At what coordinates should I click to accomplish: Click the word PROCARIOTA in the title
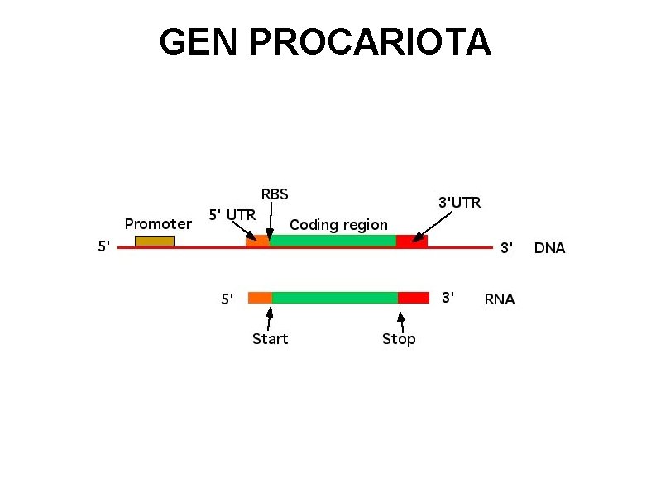[x=370, y=42]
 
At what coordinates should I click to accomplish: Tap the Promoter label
[x=158, y=223]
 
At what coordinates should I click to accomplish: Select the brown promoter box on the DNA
[x=155, y=241]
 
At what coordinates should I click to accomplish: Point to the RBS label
[x=275, y=194]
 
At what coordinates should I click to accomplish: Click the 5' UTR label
[x=232, y=214]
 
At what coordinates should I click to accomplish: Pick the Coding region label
[x=338, y=224]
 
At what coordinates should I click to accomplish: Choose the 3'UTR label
[x=459, y=202]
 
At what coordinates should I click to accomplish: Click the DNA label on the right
[x=549, y=247]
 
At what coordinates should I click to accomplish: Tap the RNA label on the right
[x=499, y=299]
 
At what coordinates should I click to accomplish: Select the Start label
[x=270, y=339]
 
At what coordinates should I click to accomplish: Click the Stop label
[x=399, y=339]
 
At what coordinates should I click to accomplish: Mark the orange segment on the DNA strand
[x=257, y=241]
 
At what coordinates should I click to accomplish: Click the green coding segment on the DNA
[x=333, y=241]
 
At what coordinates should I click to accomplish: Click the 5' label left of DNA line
[x=104, y=246]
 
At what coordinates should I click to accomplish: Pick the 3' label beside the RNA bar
[x=448, y=297]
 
